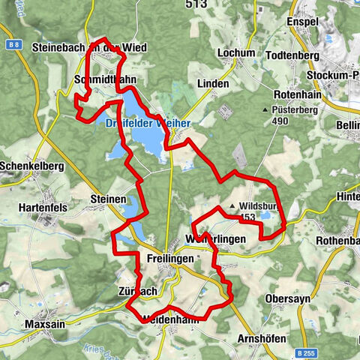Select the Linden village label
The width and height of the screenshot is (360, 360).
point(213,83)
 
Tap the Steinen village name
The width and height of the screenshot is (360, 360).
point(109,199)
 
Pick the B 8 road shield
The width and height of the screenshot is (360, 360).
point(11,45)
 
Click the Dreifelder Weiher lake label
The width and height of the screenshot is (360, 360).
point(142,122)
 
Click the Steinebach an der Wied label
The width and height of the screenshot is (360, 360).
point(91,47)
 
